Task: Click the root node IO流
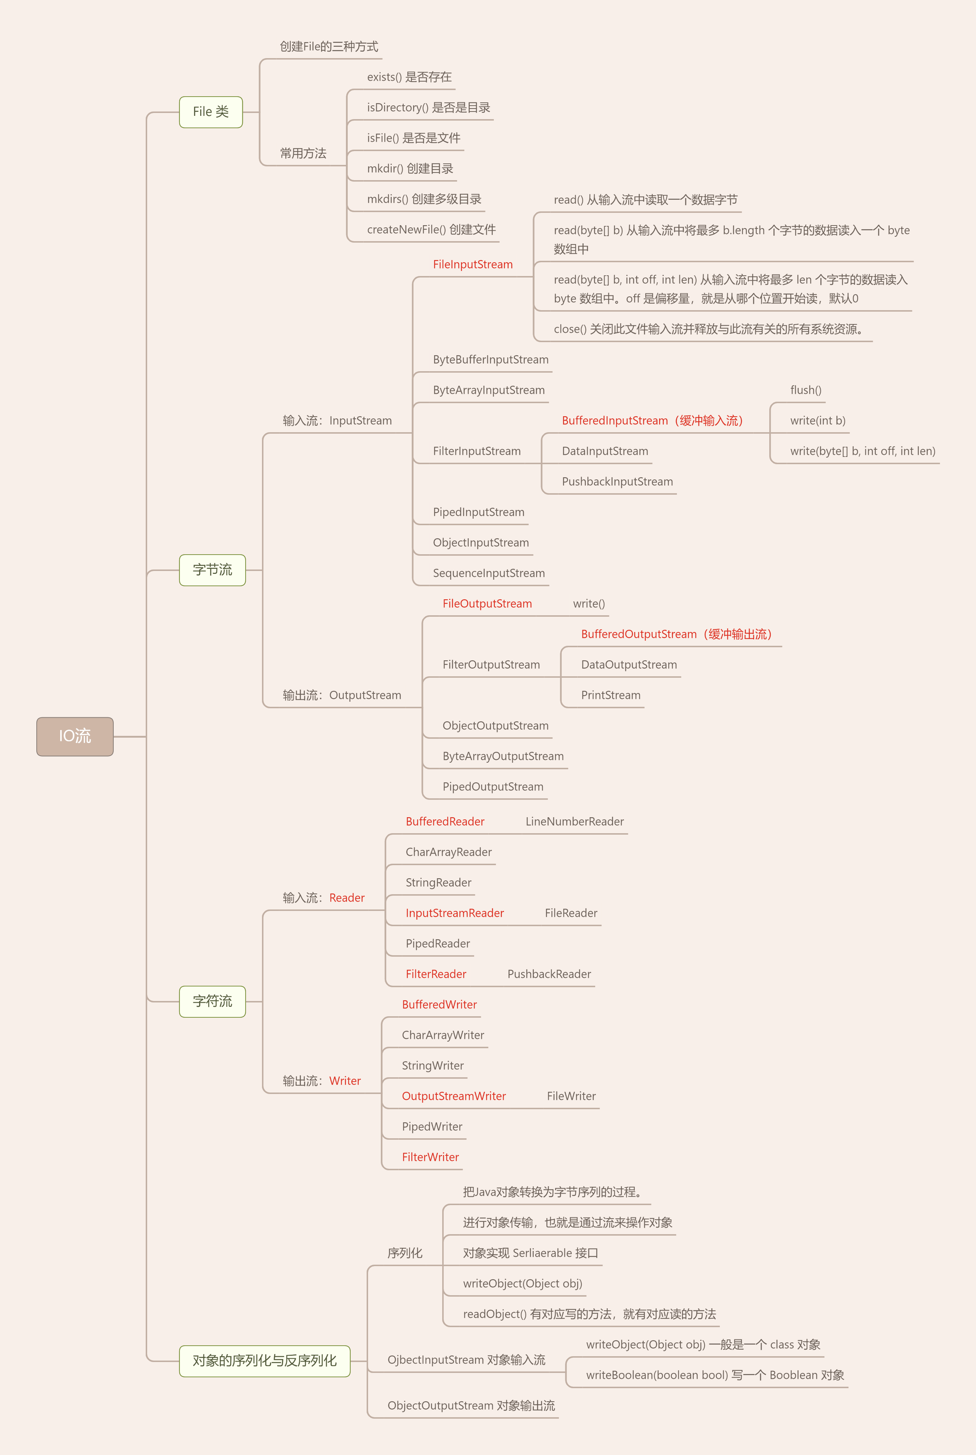point(75,737)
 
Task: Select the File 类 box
point(210,112)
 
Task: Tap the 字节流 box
point(212,570)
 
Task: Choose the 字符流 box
point(212,1001)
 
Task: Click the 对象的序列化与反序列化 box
point(265,1361)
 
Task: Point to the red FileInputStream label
point(472,264)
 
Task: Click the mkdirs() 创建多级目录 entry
point(424,199)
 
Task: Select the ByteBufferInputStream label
point(491,360)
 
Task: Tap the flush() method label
point(806,390)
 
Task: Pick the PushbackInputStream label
point(617,482)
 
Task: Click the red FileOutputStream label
point(487,603)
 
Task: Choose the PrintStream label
point(610,695)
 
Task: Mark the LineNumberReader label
point(574,821)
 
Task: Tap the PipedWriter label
point(432,1127)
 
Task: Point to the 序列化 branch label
point(404,1253)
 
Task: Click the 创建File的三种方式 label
point(328,46)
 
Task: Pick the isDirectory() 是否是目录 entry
point(428,108)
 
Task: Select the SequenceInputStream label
point(489,573)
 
